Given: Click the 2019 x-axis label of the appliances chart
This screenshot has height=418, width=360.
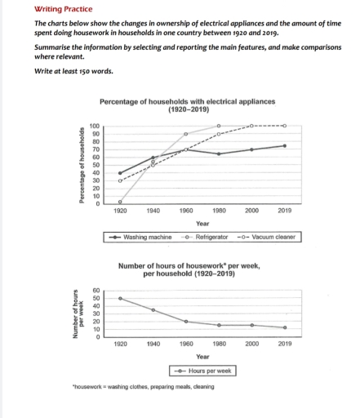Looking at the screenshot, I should [283, 211].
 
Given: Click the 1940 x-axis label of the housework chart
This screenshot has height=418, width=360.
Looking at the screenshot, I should [153, 344].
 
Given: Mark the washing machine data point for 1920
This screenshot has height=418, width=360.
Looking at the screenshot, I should [120, 173].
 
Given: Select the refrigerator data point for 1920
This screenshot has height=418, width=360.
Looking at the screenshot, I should [120, 202].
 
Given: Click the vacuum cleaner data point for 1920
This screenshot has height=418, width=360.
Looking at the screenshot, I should [120, 180].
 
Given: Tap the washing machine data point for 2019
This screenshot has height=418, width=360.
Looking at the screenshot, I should [283, 145].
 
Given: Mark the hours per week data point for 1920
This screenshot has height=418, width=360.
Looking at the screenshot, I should [120, 298].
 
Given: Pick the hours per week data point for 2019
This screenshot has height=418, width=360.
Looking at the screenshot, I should [283, 327].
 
